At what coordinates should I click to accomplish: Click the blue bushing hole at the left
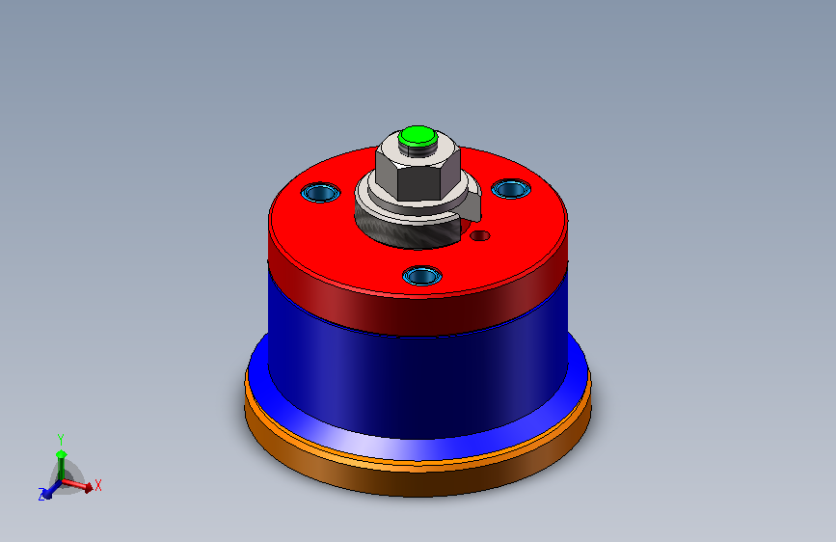click(320, 192)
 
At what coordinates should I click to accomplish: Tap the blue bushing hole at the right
click(510, 188)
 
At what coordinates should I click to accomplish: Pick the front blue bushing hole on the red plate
click(421, 276)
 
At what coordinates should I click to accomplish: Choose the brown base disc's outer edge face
click(415, 482)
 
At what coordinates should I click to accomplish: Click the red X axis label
click(98, 485)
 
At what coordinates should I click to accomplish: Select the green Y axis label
click(60, 438)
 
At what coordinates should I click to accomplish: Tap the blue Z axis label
click(41, 494)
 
